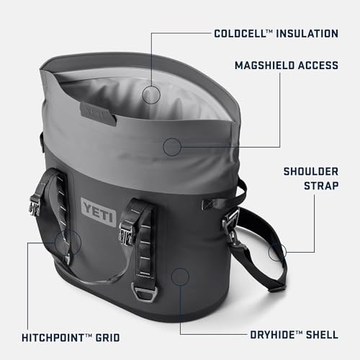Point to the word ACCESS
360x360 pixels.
pos(317,66)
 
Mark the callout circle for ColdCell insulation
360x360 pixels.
pos(151,94)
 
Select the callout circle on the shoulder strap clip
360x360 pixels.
pos(277,251)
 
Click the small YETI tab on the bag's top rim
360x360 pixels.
pos(94,112)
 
